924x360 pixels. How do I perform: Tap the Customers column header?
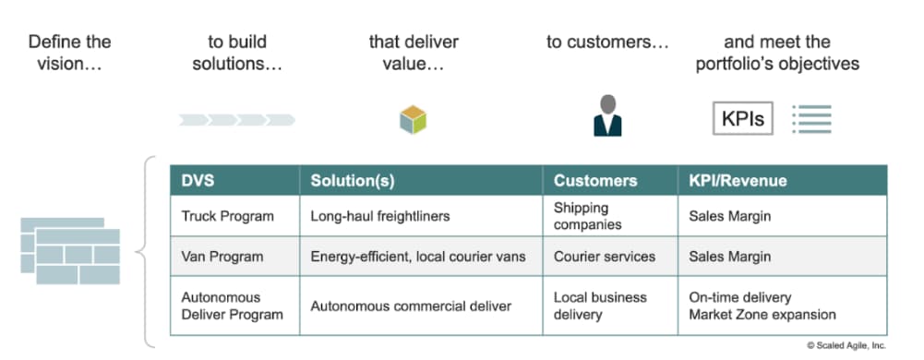[x=594, y=181]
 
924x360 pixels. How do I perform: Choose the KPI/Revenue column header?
[x=738, y=181]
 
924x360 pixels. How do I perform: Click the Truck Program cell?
[x=227, y=216]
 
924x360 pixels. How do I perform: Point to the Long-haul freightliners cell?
[x=379, y=216]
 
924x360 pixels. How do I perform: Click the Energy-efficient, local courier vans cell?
[x=417, y=257]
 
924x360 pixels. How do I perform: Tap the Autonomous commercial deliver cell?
[x=411, y=306]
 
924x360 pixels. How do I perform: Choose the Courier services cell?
[x=604, y=257]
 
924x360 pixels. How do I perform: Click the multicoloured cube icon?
[x=413, y=119]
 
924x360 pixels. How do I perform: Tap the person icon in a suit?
[x=606, y=115]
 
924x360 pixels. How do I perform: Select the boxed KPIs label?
[x=742, y=119]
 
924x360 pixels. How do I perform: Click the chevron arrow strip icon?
[x=237, y=119]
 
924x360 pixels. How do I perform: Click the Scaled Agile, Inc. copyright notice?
[x=846, y=344]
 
